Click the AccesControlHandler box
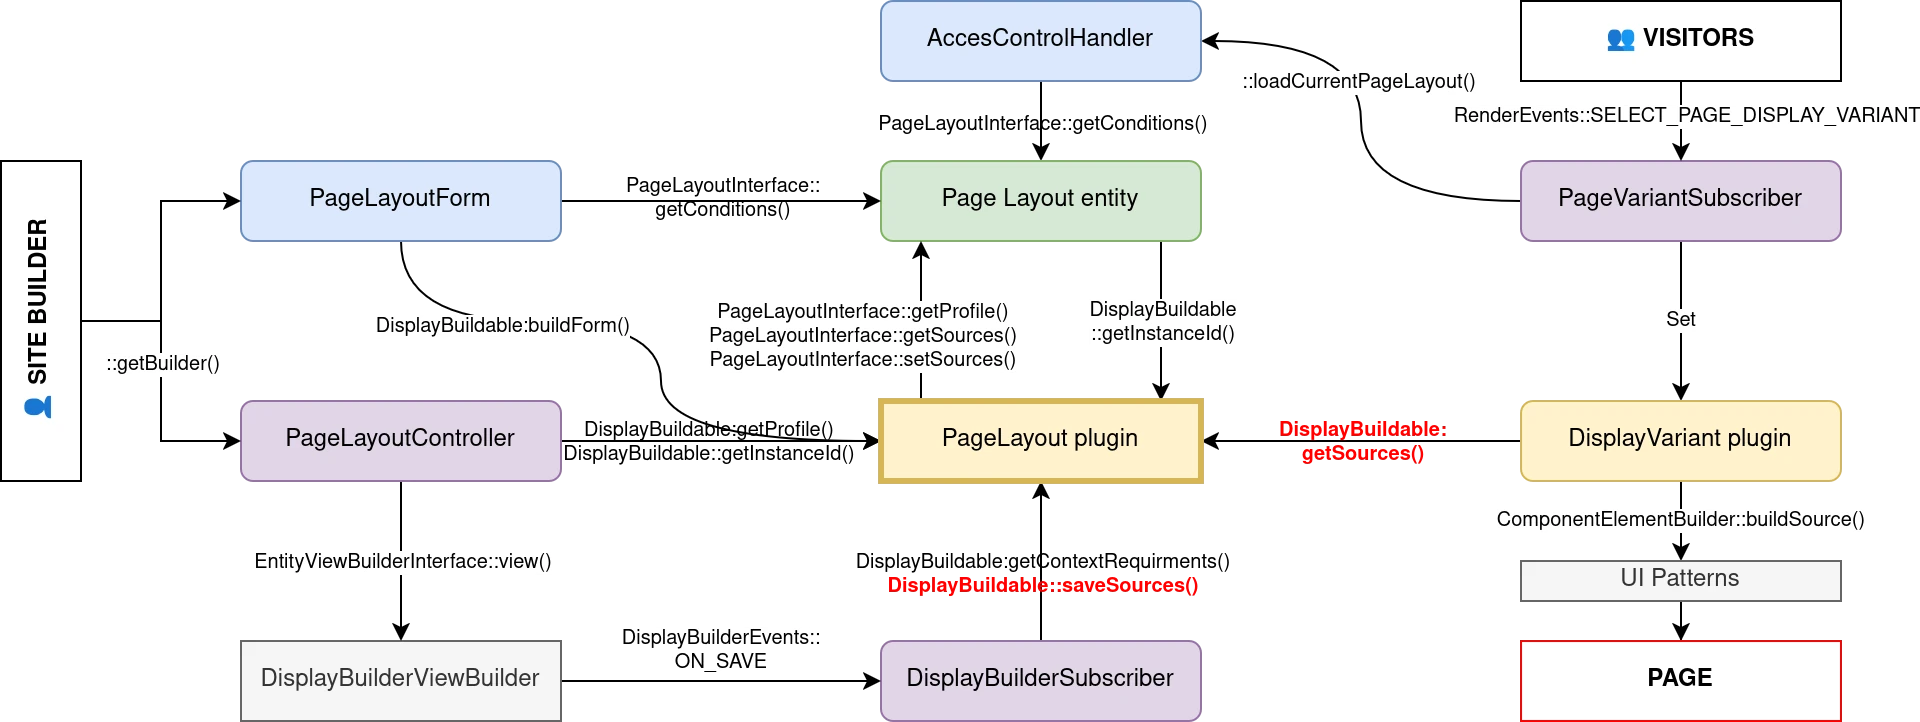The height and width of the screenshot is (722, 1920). click(1040, 40)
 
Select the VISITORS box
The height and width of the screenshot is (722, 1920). click(1680, 40)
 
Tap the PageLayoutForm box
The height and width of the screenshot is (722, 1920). click(400, 200)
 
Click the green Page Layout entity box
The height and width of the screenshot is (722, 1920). click(1040, 200)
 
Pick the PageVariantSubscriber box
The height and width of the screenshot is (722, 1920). click(1680, 200)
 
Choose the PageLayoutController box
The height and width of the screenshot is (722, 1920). click(400, 440)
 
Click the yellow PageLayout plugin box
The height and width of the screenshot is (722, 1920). click(1040, 440)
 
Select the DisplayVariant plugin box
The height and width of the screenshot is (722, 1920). click(1680, 440)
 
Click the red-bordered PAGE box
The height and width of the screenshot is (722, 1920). click(1680, 679)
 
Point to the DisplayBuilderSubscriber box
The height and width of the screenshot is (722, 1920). click(1040, 679)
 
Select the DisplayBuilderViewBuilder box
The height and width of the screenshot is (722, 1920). click(400, 679)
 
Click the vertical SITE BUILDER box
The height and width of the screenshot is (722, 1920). click(40, 320)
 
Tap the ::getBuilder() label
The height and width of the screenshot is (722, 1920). click(163, 364)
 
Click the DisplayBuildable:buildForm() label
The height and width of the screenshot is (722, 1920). click(502, 326)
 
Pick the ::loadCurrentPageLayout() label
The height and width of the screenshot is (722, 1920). click(1358, 82)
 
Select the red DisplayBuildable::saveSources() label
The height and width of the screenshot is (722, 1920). click(1042, 585)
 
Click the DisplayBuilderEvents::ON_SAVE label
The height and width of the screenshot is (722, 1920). click(720, 650)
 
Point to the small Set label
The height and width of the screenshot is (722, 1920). click(1680, 320)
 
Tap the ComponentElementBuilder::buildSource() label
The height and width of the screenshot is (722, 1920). click(1681, 520)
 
